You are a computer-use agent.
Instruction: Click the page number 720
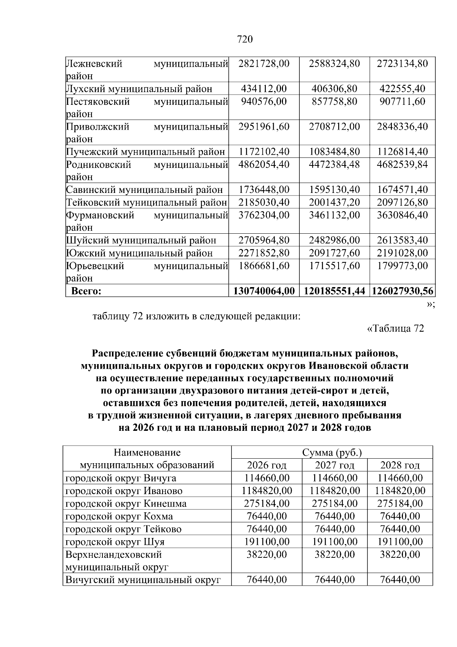click(244, 40)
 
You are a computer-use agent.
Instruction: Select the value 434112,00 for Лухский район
click(264, 89)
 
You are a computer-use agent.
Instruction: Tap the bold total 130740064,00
click(264, 291)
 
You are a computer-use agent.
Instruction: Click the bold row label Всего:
click(86, 291)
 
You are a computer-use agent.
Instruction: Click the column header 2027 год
click(334, 466)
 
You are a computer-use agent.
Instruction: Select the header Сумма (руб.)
click(332, 453)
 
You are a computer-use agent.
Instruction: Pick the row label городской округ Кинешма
click(126, 504)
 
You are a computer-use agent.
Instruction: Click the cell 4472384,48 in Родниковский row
click(334, 165)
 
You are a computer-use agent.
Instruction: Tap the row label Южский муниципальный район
click(139, 253)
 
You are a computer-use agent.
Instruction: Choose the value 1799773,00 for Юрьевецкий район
click(402, 266)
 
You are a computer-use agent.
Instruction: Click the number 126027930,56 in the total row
click(403, 291)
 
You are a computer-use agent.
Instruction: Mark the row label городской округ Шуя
click(115, 542)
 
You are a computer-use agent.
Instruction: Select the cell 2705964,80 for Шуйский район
click(264, 241)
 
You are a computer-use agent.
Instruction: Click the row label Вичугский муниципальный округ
click(143, 580)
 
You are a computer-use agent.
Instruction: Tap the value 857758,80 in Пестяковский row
click(334, 102)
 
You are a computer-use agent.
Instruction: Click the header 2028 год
click(400, 466)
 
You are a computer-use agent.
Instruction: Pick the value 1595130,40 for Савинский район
click(334, 190)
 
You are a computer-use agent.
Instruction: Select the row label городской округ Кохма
click(119, 517)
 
